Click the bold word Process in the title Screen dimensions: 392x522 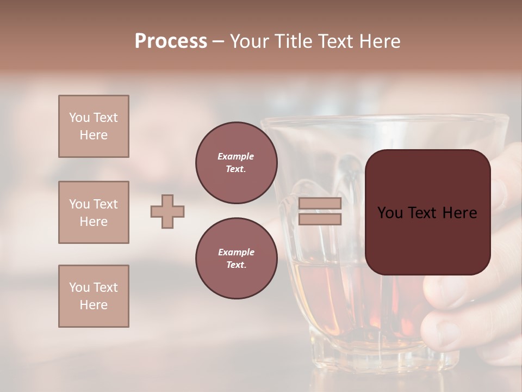pyautogui.click(x=171, y=41)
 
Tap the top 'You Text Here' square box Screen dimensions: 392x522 pyautogui.click(x=94, y=126)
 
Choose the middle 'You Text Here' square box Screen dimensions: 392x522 pyautogui.click(x=94, y=212)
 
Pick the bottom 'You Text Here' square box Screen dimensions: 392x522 pyautogui.click(x=94, y=296)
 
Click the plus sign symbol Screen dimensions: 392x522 pyautogui.click(x=167, y=211)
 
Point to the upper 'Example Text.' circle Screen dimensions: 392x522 pyautogui.click(x=236, y=163)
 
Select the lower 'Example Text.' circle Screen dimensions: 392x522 pyautogui.click(x=236, y=259)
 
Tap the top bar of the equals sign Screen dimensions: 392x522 pyautogui.click(x=320, y=204)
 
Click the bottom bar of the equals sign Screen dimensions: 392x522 pyautogui.click(x=320, y=219)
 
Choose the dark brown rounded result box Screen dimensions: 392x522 pyautogui.click(x=427, y=212)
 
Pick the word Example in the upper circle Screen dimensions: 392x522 pyautogui.click(x=236, y=156)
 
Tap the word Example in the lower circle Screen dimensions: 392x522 pyautogui.click(x=236, y=252)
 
